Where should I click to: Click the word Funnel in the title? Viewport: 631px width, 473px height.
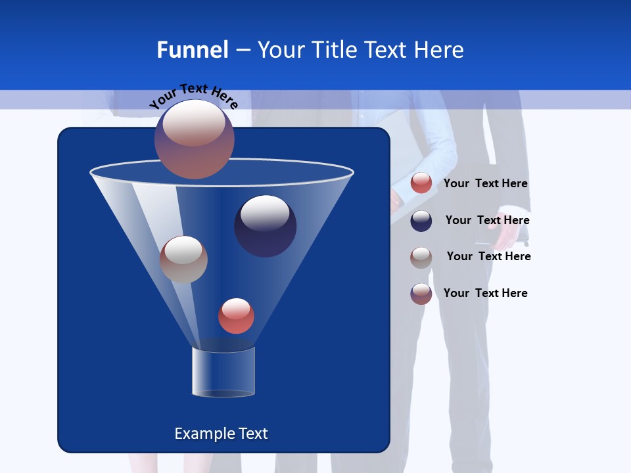tap(192, 50)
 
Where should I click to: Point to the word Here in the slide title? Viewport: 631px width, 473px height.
tap(440, 50)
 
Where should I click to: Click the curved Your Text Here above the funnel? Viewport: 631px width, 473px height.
tap(194, 95)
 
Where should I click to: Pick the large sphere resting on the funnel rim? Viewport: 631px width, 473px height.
tap(194, 139)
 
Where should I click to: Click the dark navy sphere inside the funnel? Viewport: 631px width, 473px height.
tap(265, 225)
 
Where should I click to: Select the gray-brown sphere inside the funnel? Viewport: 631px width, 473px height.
tap(183, 259)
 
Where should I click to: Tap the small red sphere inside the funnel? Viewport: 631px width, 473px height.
tap(236, 315)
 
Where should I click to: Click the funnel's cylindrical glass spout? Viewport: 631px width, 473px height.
tap(223, 372)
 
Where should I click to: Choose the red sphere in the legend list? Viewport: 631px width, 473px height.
tap(421, 183)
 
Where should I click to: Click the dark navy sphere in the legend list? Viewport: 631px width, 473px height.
tap(421, 220)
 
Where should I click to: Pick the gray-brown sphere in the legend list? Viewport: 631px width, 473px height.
tap(421, 257)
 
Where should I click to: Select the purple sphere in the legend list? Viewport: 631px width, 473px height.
tap(421, 294)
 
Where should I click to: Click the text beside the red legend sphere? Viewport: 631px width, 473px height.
tap(485, 184)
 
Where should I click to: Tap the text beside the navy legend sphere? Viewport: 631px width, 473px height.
tap(487, 220)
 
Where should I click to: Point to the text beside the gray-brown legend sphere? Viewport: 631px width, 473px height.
tap(488, 256)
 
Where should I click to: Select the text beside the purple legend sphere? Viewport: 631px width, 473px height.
tap(485, 293)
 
